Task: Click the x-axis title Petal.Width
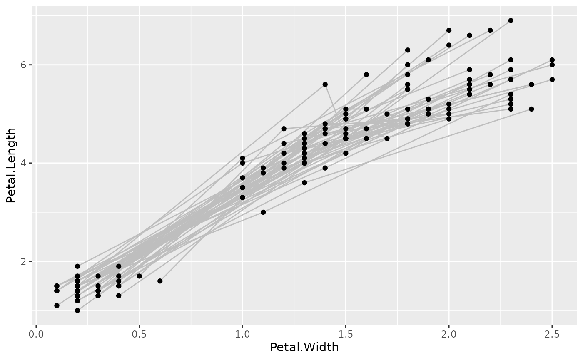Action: [x=304, y=347]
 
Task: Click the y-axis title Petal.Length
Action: [x=11, y=165]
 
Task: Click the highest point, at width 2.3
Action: [x=511, y=20]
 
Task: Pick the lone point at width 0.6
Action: [x=160, y=281]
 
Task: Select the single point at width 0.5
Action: [x=139, y=276]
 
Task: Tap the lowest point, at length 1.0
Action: [x=77, y=310]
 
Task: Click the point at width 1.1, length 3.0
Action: [x=263, y=212]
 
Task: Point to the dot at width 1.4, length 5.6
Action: [x=325, y=84]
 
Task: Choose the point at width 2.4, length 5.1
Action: [x=531, y=109]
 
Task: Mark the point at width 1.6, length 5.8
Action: [x=366, y=74]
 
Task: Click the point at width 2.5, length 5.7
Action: [x=552, y=79]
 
